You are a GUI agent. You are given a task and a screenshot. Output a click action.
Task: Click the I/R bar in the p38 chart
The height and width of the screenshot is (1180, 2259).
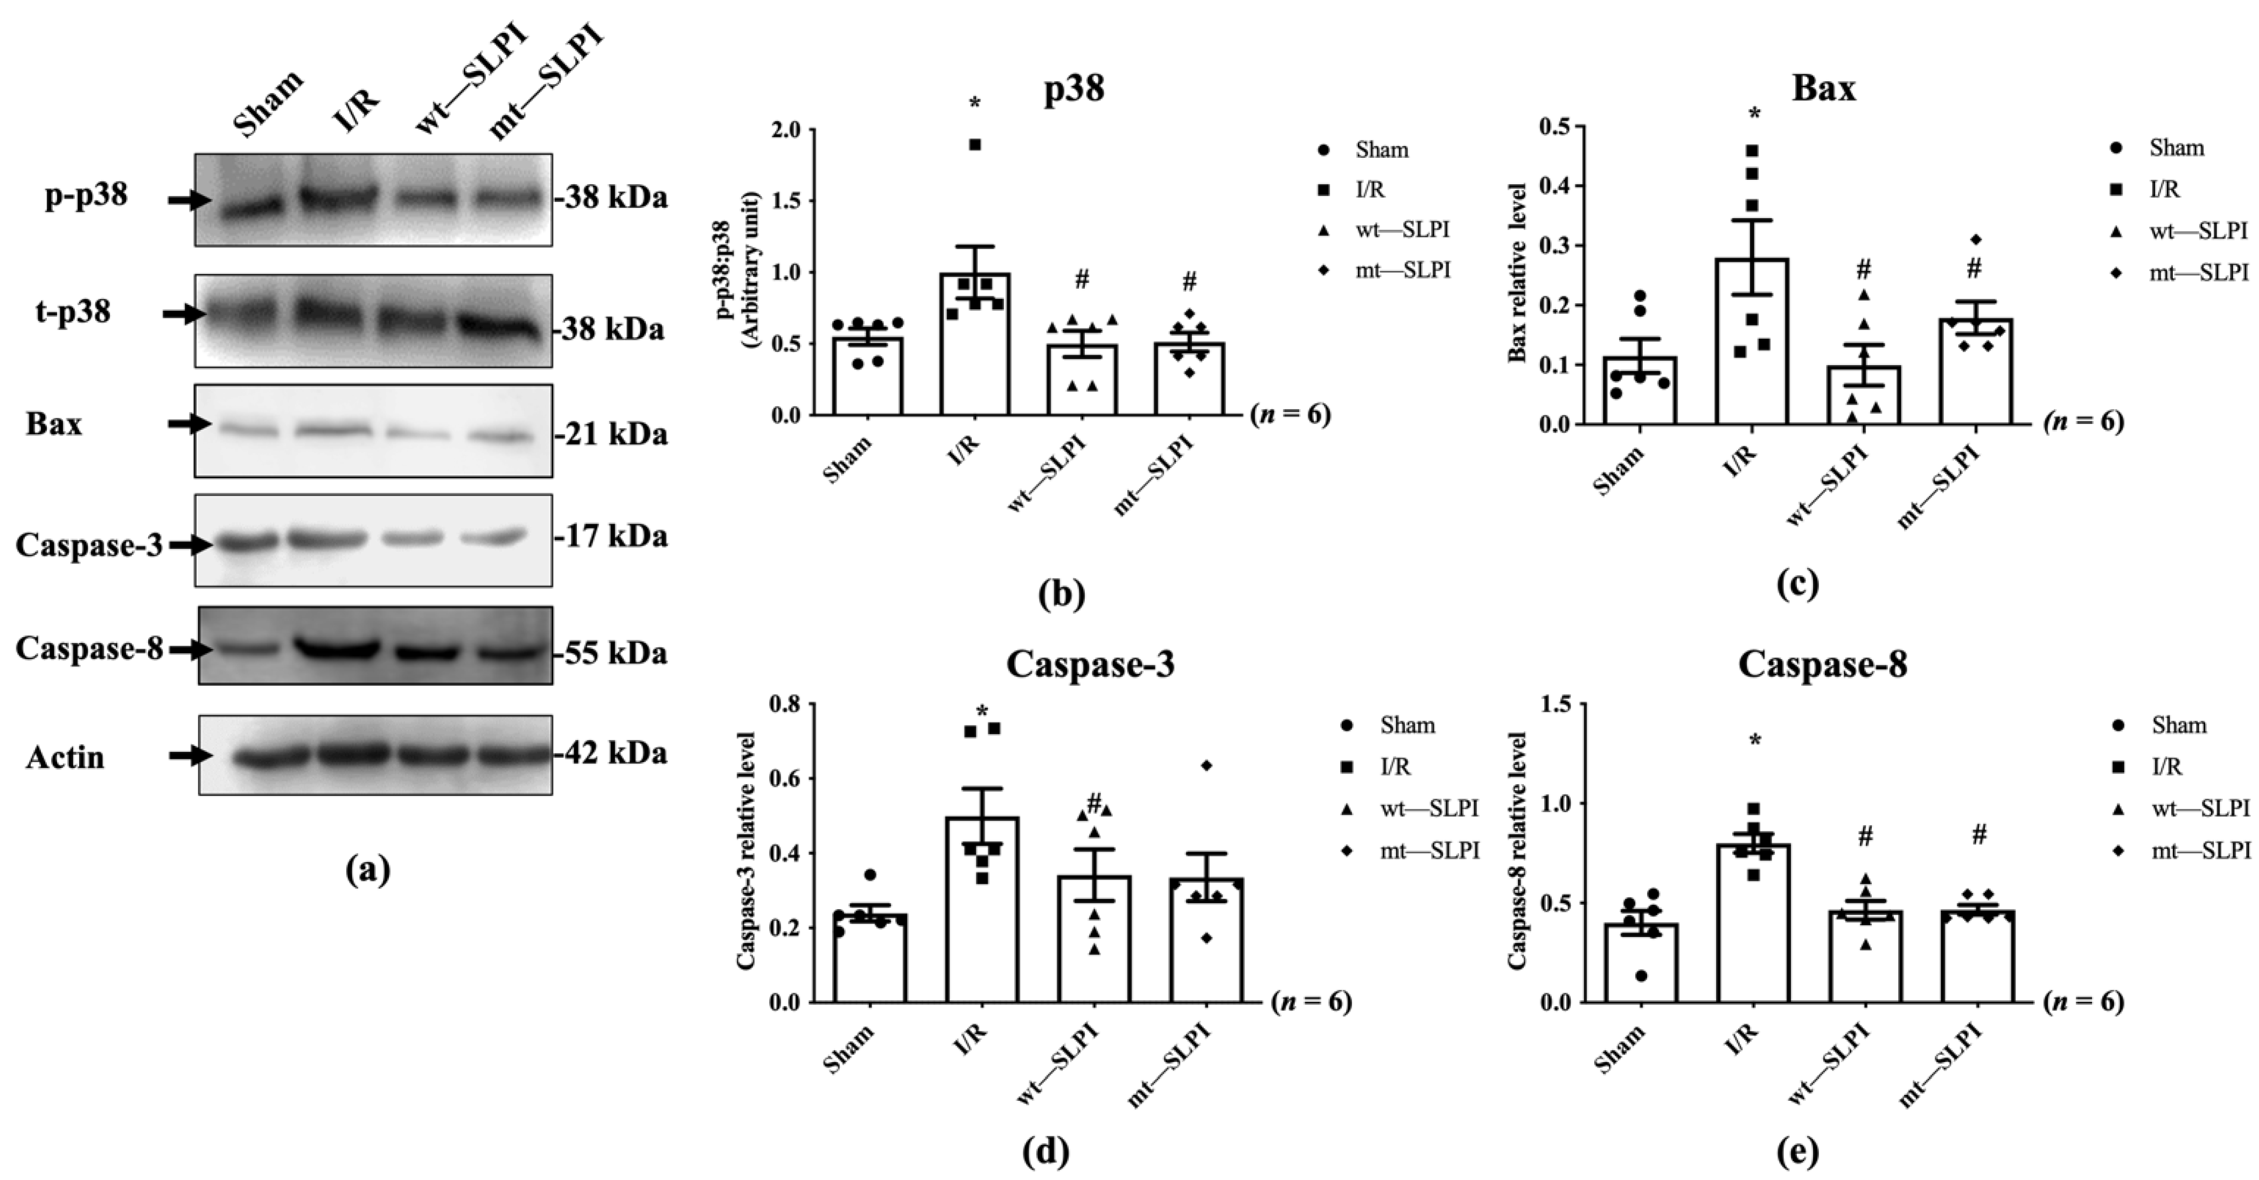(975, 351)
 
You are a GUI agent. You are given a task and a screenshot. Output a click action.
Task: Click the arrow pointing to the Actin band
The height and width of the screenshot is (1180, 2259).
(190, 756)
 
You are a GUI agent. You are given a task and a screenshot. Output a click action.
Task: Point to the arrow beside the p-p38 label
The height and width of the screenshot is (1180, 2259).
(190, 201)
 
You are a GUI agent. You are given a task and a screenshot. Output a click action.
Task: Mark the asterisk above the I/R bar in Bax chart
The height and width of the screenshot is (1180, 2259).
(1753, 114)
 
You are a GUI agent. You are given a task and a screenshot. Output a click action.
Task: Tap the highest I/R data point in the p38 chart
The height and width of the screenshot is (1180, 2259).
(974, 145)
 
